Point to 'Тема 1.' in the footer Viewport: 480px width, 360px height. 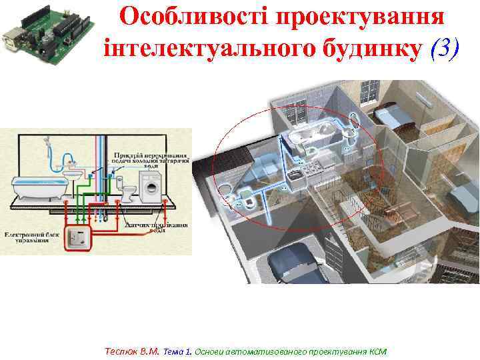point(177,351)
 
